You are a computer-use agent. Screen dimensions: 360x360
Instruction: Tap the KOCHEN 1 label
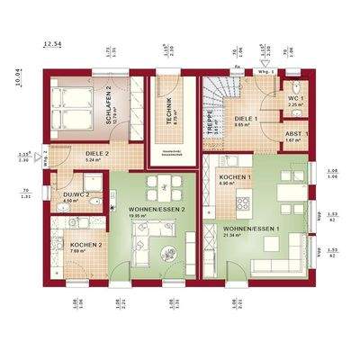point(235,178)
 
